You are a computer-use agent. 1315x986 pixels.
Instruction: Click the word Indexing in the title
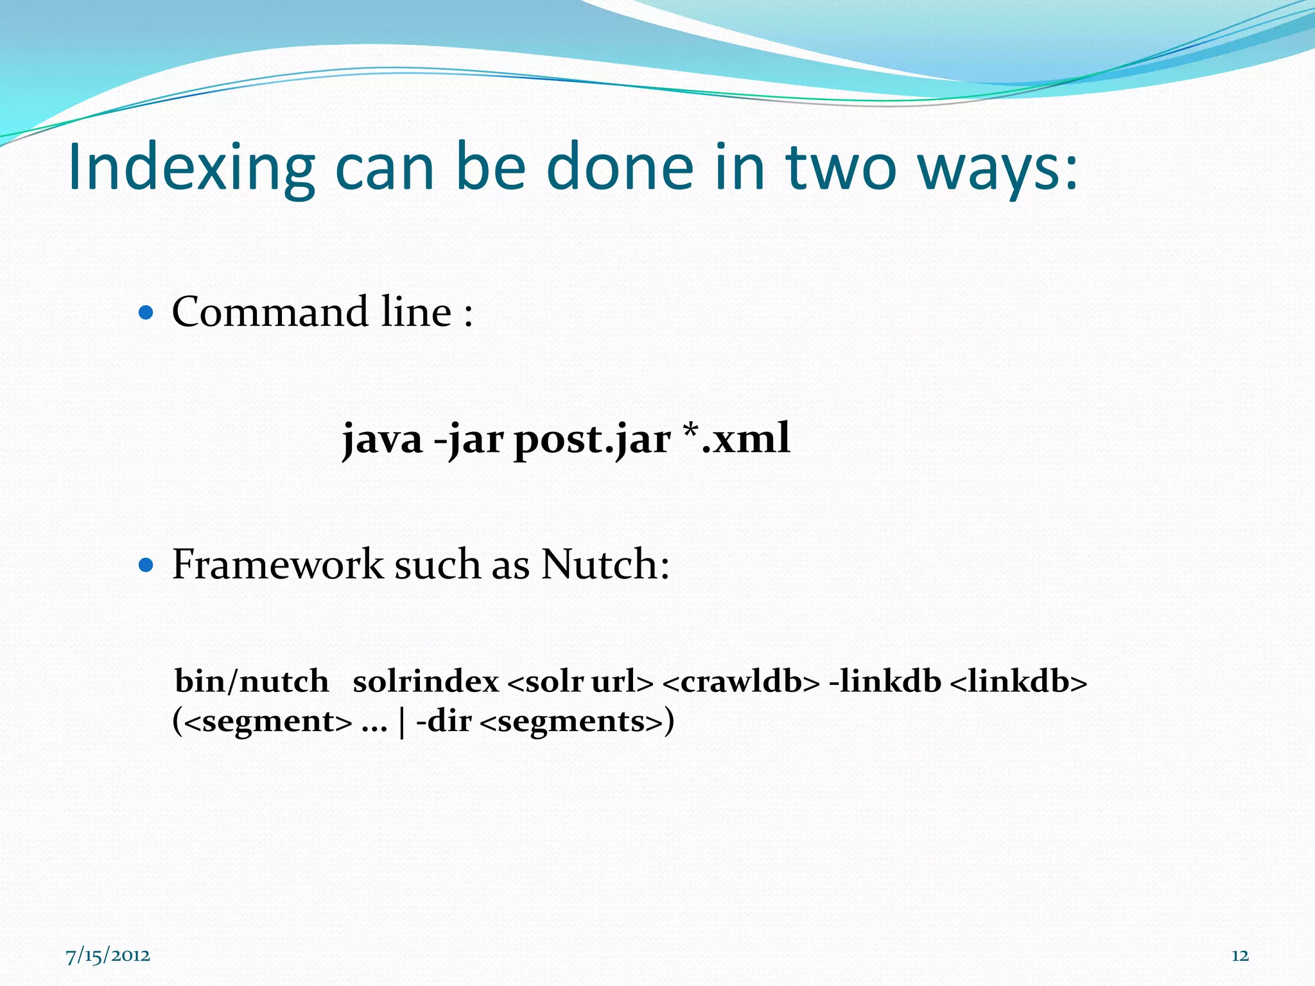point(191,168)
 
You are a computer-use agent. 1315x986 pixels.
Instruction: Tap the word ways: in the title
point(998,168)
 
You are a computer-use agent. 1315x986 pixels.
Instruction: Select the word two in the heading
point(840,168)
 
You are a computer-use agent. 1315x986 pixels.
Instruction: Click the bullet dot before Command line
point(146,313)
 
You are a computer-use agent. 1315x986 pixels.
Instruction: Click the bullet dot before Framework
point(146,566)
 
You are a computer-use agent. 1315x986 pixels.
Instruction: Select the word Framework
point(277,565)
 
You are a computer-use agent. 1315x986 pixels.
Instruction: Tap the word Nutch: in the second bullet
point(605,565)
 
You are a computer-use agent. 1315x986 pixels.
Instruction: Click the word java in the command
point(382,440)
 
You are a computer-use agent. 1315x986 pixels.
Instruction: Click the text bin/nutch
point(251,681)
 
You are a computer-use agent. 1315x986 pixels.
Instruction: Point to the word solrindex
point(426,681)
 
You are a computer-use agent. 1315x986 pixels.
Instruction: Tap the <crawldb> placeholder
point(740,681)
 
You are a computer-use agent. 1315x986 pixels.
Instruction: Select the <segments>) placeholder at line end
point(577,722)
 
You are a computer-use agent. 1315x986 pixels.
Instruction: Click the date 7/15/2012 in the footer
point(108,956)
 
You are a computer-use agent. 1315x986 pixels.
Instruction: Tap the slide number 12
point(1240,956)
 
